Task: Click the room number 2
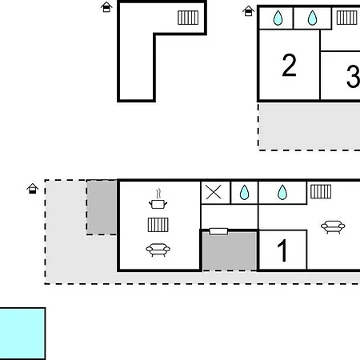click(x=289, y=65)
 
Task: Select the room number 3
click(x=354, y=76)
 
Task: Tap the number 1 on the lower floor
click(x=282, y=250)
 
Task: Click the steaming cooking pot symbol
click(x=158, y=199)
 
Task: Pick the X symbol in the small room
click(x=214, y=192)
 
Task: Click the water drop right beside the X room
click(x=244, y=193)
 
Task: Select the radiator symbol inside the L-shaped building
click(x=188, y=18)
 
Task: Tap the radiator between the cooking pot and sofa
click(x=158, y=225)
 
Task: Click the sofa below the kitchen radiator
click(x=158, y=250)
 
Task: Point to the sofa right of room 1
click(x=333, y=227)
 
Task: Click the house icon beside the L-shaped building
click(x=106, y=7)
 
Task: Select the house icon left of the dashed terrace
click(x=33, y=189)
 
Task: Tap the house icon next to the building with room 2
click(x=248, y=11)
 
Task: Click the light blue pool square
click(x=22, y=334)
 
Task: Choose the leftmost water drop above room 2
click(x=278, y=18)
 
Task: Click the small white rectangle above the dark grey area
click(x=218, y=231)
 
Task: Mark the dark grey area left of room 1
click(x=230, y=250)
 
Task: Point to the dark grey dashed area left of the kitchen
click(x=102, y=207)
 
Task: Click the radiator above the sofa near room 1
click(x=321, y=191)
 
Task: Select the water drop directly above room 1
click(x=282, y=193)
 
